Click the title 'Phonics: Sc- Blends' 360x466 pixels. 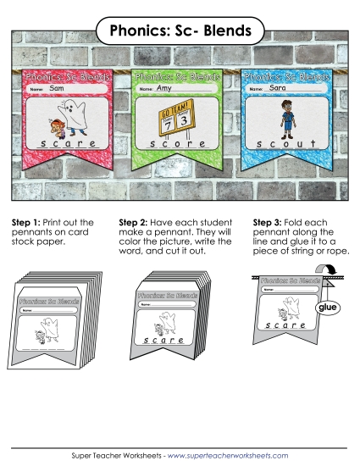[180, 31]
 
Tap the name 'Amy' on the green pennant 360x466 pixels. [164, 88]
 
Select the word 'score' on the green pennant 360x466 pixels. [178, 147]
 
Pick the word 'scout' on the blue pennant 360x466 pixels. [290, 146]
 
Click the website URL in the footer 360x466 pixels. [228, 456]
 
